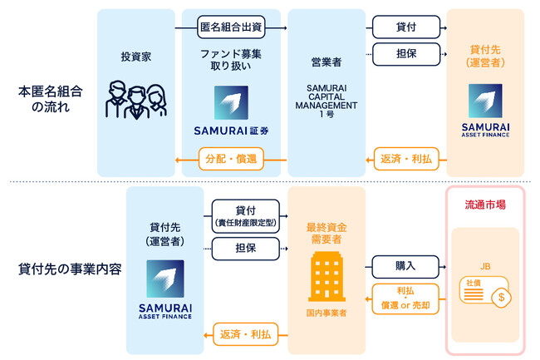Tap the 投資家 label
[137, 57]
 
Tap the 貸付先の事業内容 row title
[64, 270]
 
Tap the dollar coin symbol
[501, 296]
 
